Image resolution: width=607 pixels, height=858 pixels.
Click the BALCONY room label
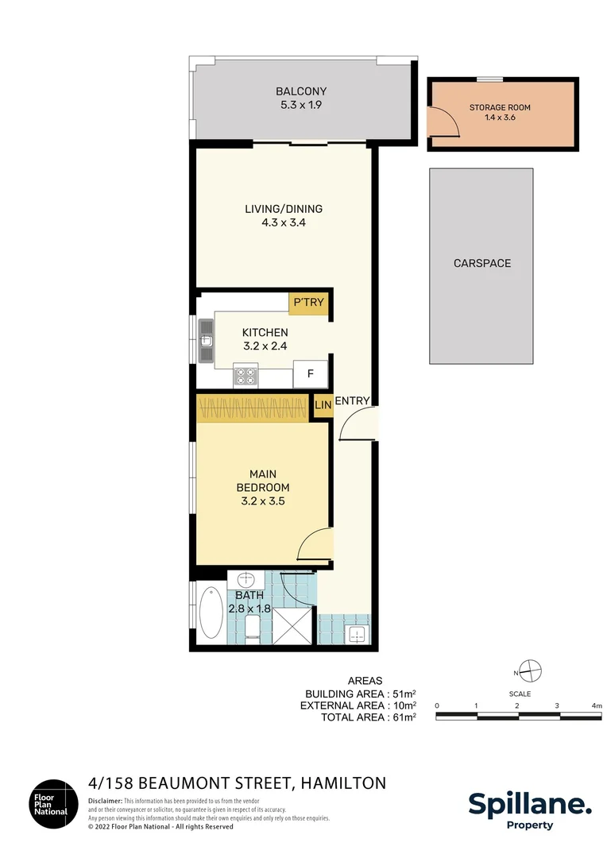[301, 91]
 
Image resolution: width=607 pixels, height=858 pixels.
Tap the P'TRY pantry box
[309, 303]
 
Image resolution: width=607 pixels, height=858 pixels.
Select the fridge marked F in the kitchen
[311, 373]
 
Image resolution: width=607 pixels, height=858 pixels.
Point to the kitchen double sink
[206, 341]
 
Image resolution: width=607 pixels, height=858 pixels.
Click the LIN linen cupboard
[323, 405]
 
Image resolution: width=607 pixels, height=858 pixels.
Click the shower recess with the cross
[294, 625]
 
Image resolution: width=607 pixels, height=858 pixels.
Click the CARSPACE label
[482, 263]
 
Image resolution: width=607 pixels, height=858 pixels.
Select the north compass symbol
[530, 671]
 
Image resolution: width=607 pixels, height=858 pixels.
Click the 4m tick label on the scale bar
[597, 706]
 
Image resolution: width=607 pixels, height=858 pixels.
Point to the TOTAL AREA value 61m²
[404, 717]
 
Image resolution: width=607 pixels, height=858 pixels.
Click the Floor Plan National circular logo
[54, 804]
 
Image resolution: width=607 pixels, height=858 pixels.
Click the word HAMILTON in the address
[343, 783]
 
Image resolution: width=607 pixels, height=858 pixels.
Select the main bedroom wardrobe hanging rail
[253, 409]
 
